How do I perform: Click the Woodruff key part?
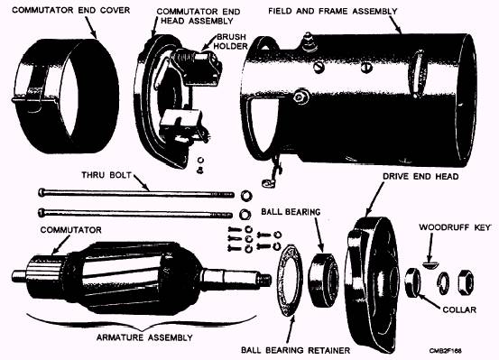431,264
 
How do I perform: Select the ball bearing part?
323,280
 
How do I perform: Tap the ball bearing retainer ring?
291,280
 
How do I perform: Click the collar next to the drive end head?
412,282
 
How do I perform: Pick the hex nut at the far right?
466,282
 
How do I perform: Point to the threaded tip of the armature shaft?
264,280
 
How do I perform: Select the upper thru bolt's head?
42,192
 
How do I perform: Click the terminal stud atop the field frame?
308,42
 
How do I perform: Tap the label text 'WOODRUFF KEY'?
455,227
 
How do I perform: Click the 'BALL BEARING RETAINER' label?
295,350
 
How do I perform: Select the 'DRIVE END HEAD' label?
420,176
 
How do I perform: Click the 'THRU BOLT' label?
106,175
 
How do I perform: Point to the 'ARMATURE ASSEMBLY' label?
144,337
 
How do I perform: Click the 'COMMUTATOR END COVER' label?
71,10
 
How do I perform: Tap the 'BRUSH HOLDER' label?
231,42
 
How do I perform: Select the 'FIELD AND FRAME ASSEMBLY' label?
333,11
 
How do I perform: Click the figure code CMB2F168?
446,351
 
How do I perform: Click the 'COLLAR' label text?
459,309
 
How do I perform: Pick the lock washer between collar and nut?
443,283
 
